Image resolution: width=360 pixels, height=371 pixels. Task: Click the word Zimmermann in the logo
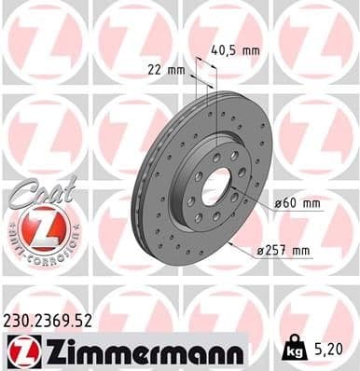pyautogui.click(x=138, y=351)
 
